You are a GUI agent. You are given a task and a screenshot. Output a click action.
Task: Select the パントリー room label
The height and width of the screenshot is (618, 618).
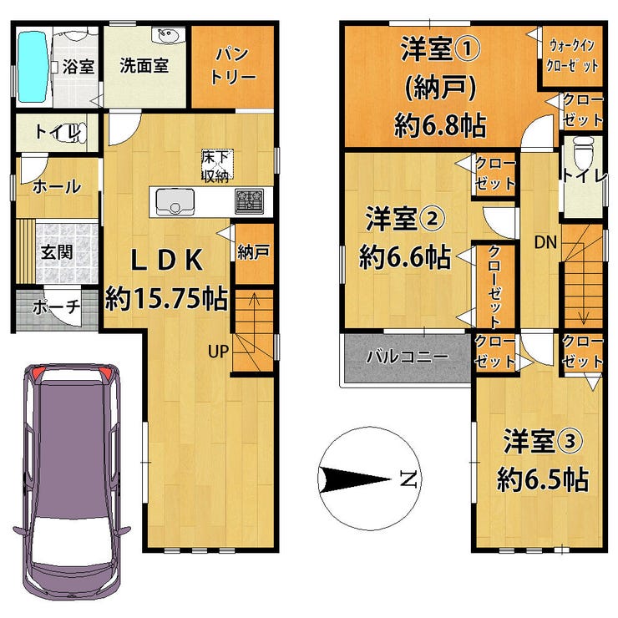(x=232, y=65)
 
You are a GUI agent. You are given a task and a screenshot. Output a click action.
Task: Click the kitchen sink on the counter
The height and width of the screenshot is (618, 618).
(x=175, y=202)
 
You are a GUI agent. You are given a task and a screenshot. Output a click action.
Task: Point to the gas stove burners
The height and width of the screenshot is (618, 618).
(x=249, y=201)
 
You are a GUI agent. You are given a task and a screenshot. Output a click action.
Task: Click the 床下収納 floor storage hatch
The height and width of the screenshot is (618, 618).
(x=217, y=165)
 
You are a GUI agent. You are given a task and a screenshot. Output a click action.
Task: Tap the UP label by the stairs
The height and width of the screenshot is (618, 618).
(x=218, y=351)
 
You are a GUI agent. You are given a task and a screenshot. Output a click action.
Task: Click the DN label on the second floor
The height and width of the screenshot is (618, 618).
(x=545, y=242)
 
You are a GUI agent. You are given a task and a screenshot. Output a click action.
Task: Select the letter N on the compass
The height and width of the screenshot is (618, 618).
(x=408, y=478)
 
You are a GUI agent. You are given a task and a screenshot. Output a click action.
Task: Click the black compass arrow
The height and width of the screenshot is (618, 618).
(x=355, y=479)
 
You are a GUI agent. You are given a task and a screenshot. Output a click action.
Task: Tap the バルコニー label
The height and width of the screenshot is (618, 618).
(x=408, y=357)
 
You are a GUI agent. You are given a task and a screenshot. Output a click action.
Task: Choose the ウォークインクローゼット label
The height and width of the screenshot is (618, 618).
(x=572, y=56)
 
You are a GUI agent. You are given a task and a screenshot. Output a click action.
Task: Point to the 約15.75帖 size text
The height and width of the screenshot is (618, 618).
(x=167, y=299)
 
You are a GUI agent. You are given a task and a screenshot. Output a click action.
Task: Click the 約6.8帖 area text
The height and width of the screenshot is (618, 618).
(x=440, y=126)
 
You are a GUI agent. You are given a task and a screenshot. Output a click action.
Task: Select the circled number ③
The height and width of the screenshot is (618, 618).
(x=569, y=442)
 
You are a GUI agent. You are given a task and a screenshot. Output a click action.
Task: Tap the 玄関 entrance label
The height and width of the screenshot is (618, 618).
(x=57, y=252)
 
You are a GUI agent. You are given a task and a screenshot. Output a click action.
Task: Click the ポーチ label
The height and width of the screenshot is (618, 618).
(x=56, y=307)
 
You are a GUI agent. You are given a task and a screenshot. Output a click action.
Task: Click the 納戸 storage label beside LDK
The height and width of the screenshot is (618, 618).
(x=254, y=253)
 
